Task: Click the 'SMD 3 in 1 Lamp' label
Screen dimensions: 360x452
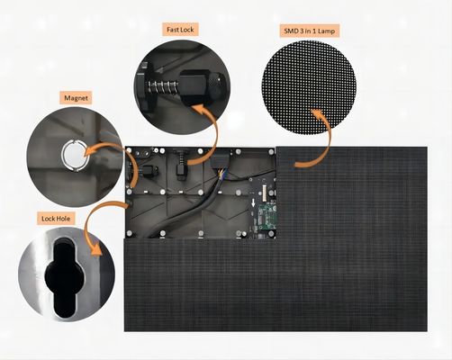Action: tap(305, 30)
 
